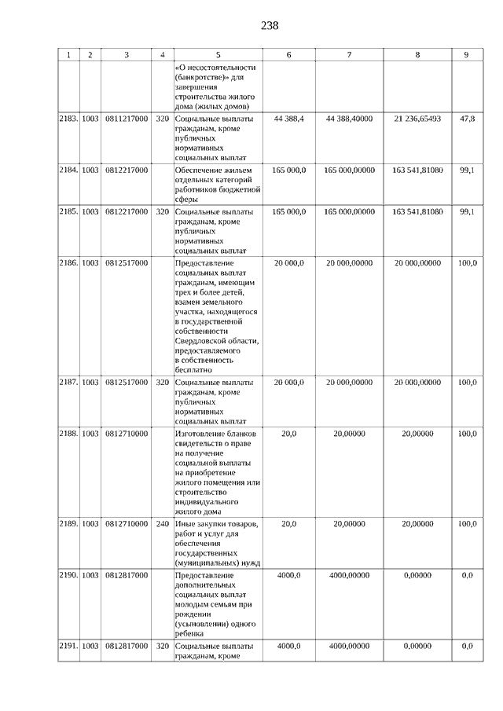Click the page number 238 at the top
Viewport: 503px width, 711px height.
[x=270, y=26]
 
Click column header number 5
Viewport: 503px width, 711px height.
[x=218, y=55]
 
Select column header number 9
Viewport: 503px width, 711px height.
[x=466, y=55]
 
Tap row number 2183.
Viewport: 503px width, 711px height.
[x=68, y=118]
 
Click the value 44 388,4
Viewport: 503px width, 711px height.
[x=289, y=118]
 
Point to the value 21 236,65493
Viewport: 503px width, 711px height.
[x=417, y=118]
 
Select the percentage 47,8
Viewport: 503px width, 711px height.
[x=466, y=118]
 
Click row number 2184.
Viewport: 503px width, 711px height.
[x=68, y=170]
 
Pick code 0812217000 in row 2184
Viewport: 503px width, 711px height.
[x=127, y=170]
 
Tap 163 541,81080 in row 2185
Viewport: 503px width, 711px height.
[x=417, y=212]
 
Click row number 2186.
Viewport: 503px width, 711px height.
[x=68, y=263]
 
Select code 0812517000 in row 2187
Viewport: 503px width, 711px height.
[x=127, y=382]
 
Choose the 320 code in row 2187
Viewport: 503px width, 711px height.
[x=162, y=382]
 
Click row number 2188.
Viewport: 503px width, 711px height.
[x=68, y=433]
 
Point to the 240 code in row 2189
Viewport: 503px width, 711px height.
[x=162, y=523]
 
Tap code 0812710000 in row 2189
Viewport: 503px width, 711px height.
[x=127, y=523]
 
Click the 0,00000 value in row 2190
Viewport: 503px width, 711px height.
[x=417, y=575]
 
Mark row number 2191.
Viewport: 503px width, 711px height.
[x=68, y=646]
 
